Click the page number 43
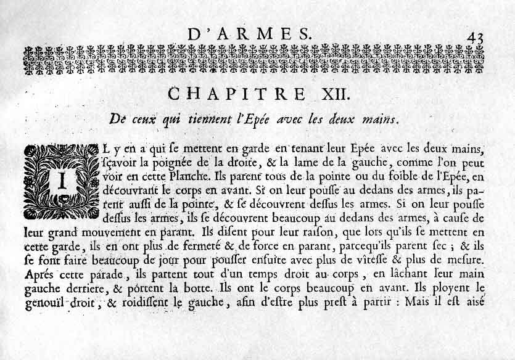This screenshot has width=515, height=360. click(476, 38)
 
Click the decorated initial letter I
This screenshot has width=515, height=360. click(60, 182)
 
